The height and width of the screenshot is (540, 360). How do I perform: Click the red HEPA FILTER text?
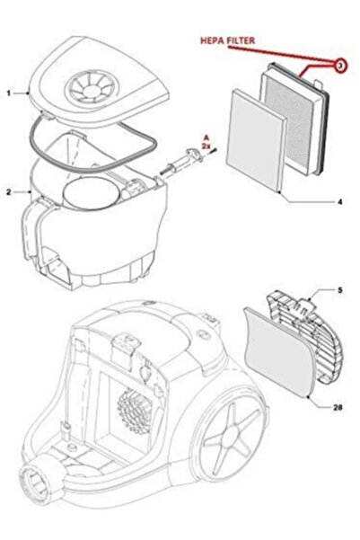tap(227, 40)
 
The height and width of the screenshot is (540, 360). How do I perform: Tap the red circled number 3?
tap(339, 66)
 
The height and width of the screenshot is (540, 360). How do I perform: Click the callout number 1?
tap(9, 93)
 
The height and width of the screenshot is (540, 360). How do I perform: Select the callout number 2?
tap(9, 192)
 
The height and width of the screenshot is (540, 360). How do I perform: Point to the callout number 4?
tap(339, 202)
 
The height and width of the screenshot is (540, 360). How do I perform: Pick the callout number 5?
tap(340, 290)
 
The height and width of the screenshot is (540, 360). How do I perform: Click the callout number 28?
tap(338, 408)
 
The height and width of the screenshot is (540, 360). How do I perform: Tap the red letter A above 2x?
tap(206, 139)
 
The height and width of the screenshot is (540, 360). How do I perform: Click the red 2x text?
tap(206, 146)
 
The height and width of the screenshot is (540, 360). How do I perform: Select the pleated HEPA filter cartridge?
tap(294, 118)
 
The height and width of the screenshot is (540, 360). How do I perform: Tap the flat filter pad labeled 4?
tap(258, 140)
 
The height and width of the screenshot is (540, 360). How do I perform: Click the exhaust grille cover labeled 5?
tap(305, 337)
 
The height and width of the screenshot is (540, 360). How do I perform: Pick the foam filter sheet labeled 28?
tap(279, 352)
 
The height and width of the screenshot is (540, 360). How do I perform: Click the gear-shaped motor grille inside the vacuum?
tap(135, 411)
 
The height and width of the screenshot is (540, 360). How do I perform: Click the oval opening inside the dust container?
tap(91, 192)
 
